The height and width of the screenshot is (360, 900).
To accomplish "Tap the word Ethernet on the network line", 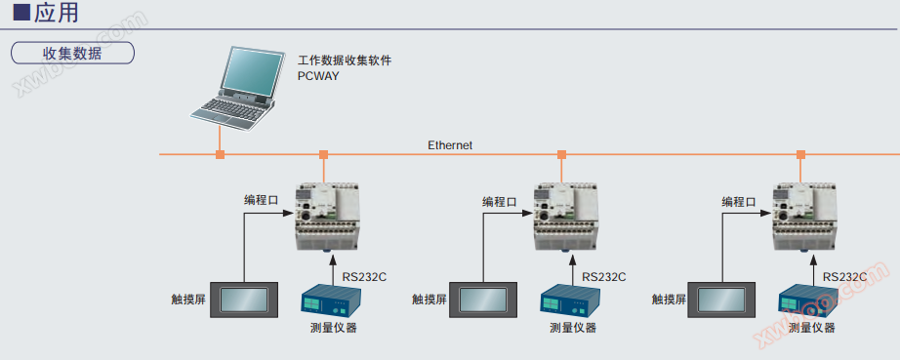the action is (x=450, y=145).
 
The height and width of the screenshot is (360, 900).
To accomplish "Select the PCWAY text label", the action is (x=318, y=75).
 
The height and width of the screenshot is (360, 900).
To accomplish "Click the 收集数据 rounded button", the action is (x=72, y=53).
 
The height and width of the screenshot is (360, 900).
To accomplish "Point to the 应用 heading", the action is (x=56, y=13).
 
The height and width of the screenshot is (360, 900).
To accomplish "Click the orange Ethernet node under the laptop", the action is (x=220, y=154).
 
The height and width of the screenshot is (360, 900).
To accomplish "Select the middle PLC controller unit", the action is (x=566, y=217).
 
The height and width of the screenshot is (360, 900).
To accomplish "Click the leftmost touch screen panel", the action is (x=244, y=300).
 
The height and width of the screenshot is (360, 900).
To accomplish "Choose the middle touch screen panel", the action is (x=483, y=300).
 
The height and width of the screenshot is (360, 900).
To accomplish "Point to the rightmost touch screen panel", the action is (x=722, y=300).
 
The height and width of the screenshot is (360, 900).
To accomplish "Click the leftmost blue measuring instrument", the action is (x=331, y=300).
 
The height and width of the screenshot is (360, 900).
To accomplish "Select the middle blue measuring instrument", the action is (x=569, y=300).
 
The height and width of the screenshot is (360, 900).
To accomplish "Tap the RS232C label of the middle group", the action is (x=604, y=277).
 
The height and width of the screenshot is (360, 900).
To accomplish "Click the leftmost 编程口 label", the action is (x=262, y=201).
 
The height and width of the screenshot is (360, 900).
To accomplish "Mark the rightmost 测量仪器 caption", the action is (x=811, y=328).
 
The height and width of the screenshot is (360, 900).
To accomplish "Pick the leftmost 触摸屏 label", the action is (x=188, y=300).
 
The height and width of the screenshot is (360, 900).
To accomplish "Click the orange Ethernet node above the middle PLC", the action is (x=562, y=154).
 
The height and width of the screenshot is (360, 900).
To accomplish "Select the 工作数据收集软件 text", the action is (x=345, y=60).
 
